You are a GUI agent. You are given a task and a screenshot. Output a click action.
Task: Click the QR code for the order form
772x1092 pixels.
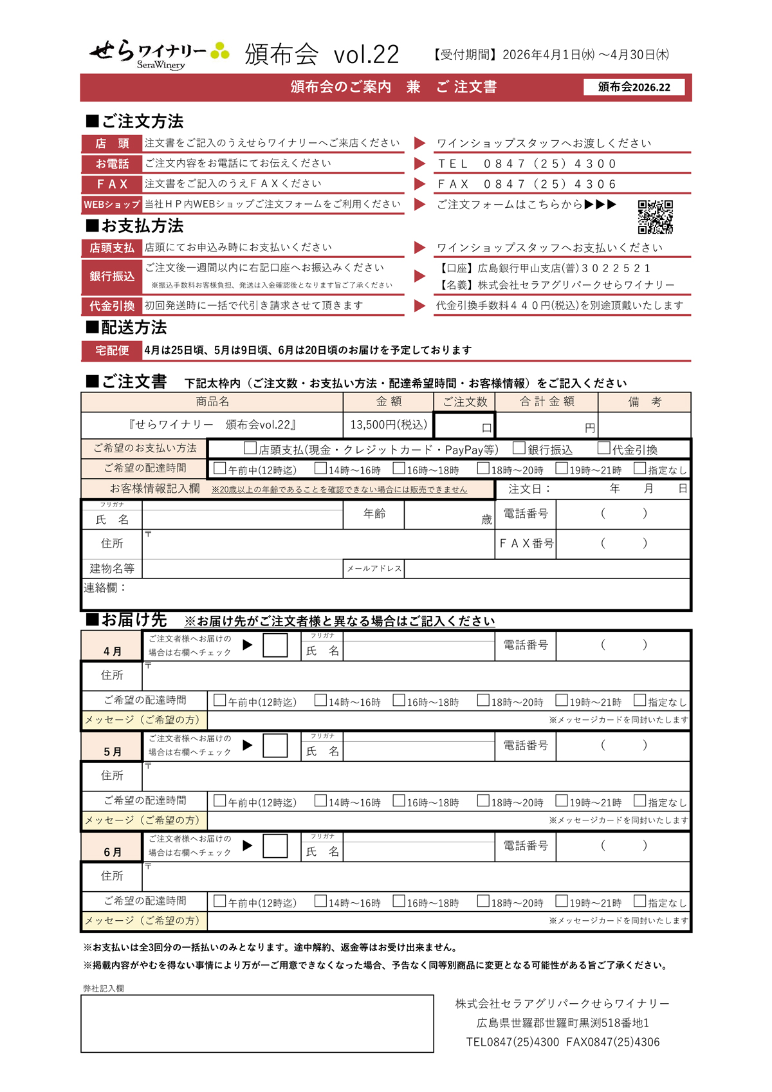[655, 217]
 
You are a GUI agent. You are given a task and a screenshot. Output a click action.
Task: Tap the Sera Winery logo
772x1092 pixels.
[159, 54]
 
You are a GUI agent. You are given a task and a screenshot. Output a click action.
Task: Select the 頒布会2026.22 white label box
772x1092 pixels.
[634, 87]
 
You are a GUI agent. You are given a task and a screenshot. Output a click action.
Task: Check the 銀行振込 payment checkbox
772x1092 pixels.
[519, 448]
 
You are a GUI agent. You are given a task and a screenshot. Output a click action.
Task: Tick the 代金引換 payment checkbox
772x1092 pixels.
[603, 448]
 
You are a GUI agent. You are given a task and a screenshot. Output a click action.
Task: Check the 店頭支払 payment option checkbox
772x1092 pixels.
[250, 448]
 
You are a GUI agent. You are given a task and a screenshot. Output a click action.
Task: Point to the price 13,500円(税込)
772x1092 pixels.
[388, 425]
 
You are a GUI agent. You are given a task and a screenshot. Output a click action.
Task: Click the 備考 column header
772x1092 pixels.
[644, 402]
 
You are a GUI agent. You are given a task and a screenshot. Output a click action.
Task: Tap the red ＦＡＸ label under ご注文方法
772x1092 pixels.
[112, 185]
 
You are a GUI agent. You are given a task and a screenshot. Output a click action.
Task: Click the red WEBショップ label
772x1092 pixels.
[112, 205]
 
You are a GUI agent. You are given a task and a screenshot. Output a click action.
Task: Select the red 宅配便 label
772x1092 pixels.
[112, 350]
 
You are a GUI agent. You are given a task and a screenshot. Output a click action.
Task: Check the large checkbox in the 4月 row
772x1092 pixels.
[275, 645]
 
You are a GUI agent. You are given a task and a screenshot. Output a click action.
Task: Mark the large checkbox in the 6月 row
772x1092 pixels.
[275, 846]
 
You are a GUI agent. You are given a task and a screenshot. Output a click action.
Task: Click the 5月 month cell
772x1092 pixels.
[112, 751]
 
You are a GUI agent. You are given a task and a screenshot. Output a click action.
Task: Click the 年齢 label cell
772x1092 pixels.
[374, 514]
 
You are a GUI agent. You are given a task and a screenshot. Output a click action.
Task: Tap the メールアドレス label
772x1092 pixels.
[374, 569]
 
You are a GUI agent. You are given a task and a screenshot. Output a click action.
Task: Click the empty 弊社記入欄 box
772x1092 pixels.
[257, 1023]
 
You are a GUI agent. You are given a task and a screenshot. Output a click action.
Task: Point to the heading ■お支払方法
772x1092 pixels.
[134, 226]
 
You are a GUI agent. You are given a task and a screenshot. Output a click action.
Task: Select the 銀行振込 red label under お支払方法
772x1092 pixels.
[112, 276]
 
